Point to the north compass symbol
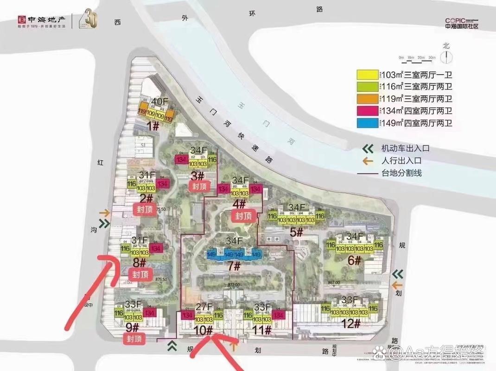[x=446, y=56]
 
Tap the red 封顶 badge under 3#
[x=199, y=186]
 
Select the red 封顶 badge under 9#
[x=134, y=339]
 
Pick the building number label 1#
[x=153, y=126]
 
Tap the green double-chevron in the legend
[x=368, y=149]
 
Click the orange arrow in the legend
[x=368, y=161]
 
